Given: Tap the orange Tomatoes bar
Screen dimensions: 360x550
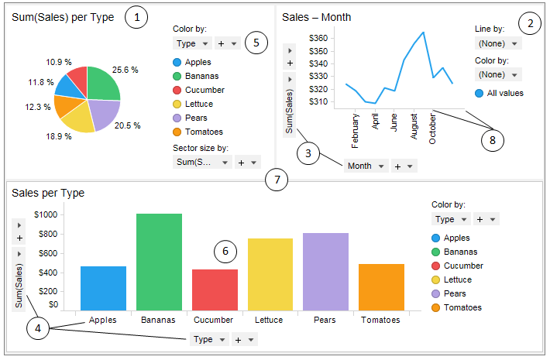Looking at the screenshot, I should (x=381, y=287).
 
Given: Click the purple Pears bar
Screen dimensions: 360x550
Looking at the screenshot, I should (x=325, y=271).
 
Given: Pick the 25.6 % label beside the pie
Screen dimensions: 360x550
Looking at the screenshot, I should (x=125, y=70).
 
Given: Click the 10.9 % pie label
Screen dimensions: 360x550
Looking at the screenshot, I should (x=60, y=62).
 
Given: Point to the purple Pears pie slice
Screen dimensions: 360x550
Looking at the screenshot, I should (x=102, y=114).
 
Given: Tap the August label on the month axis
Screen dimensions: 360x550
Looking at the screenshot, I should (x=414, y=125).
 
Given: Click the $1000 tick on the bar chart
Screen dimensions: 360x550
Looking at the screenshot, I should (x=46, y=214).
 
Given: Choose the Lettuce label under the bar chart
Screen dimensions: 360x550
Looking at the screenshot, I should (x=270, y=319).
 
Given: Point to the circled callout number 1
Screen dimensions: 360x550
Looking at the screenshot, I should (x=136, y=17).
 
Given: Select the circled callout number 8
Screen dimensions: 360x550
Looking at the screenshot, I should (x=490, y=140).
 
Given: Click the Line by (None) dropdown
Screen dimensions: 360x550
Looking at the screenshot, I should (x=497, y=43).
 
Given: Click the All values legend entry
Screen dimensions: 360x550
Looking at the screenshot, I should (x=500, y=93).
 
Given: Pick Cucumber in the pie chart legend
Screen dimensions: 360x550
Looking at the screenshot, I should (x=203, y=90).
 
